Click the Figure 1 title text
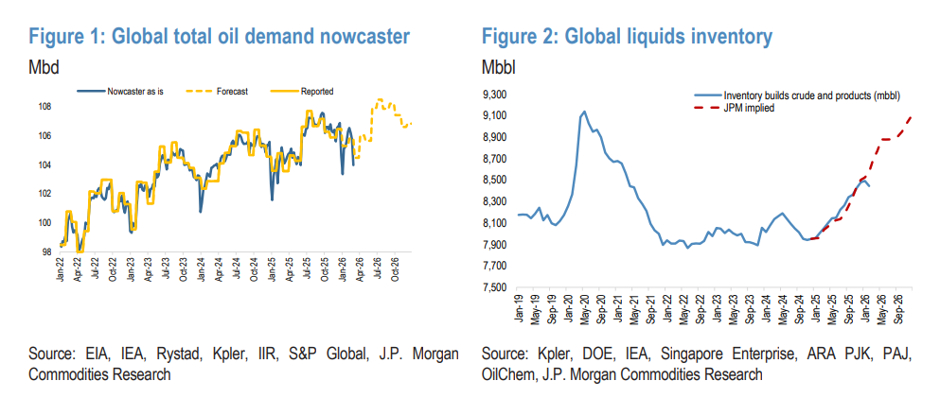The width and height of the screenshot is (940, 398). (220, 37)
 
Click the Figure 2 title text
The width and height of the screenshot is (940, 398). (627, 37)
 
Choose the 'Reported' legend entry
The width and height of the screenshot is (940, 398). (316, 92)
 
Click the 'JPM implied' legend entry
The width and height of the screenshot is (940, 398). (749, 108)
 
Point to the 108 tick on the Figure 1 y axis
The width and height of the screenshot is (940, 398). (44, 106)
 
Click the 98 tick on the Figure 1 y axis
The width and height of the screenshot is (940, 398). (46, 252)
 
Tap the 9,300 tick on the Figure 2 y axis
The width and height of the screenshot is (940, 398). (496, 95)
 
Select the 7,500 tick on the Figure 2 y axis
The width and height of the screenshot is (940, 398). (496, 287)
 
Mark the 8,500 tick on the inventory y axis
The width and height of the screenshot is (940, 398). (496, 181)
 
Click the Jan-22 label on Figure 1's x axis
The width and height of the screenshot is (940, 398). (61, 270)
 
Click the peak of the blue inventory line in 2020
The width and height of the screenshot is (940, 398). (583, 112)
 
